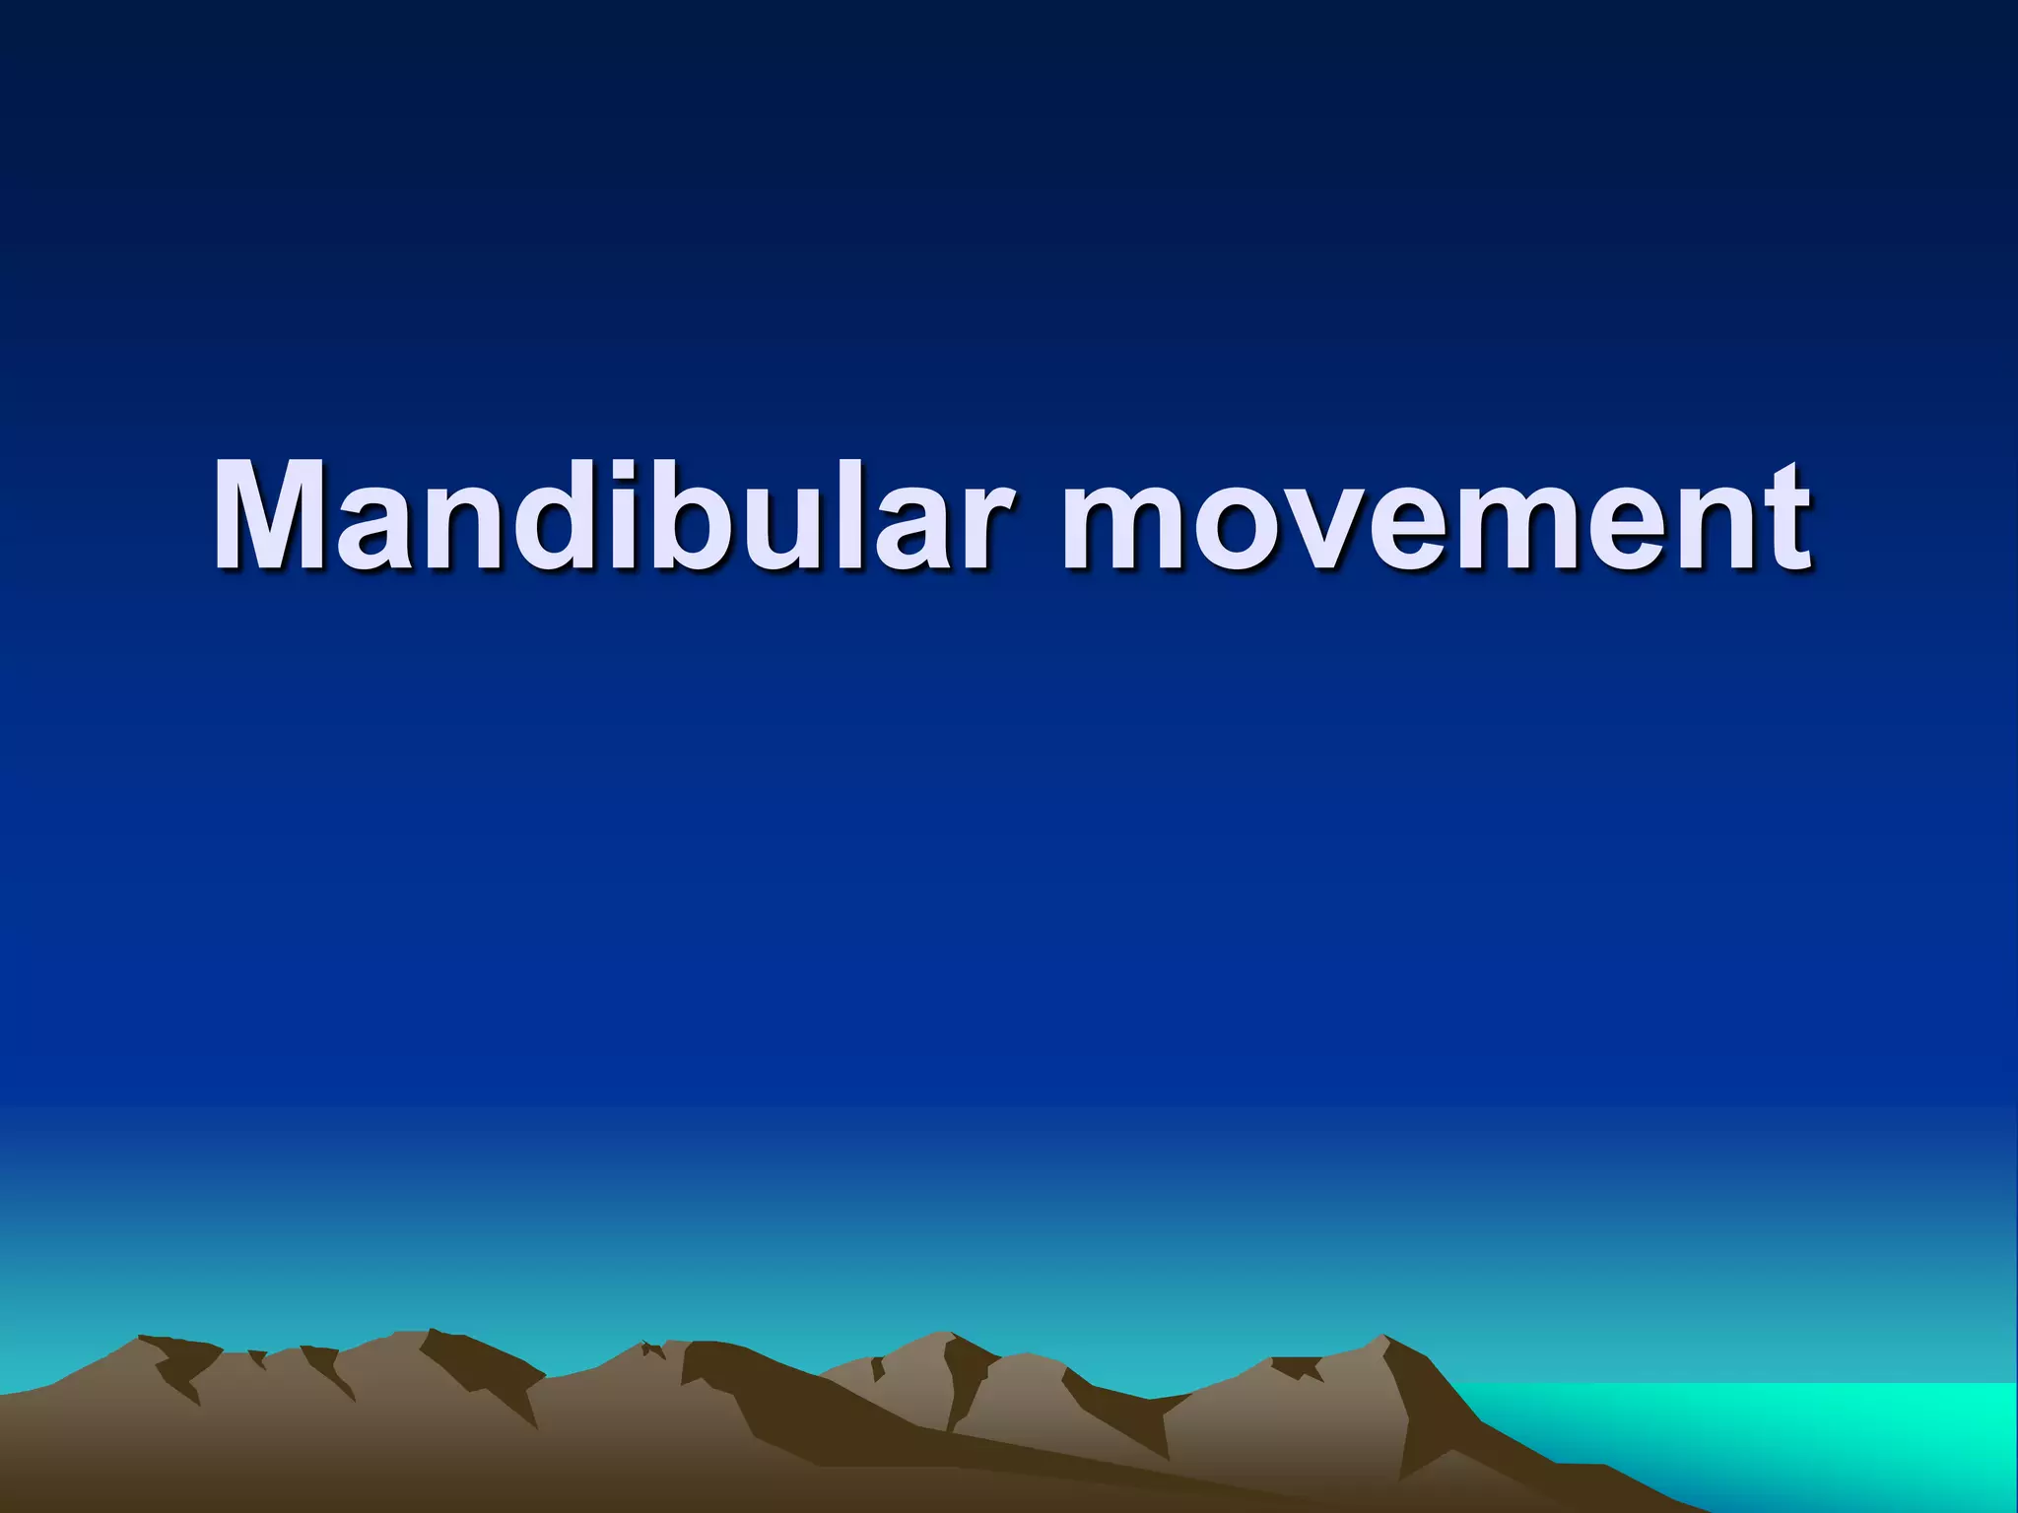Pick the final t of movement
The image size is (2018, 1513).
tap(1783, 522)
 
